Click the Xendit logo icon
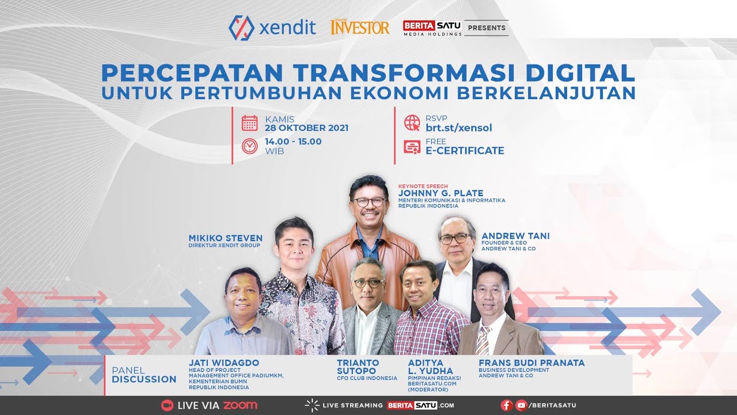(x=241, y=28)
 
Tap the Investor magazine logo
(x=360, y=27)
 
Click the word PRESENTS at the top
(x=487, y=28)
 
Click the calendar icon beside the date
(x=249, y=123)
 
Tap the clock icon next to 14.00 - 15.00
(x=249, y=146)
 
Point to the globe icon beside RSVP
(x=412, y=123)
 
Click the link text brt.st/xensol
(x=458, y=128)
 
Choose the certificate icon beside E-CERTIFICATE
(x=412, y=147)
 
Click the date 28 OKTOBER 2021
(x=306, y=128)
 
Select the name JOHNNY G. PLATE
(x=440, y=193)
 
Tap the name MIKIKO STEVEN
(x=225, y=238)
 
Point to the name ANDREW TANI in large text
(x=515, y=236)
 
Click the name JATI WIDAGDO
(x=223, y=363)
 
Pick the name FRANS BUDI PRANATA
(x=531, y=363)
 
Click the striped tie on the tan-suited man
(x=483, y=340)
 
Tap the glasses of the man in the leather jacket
(x=369, y=202)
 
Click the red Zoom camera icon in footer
(x=167, y=405)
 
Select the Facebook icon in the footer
(x=507, y=405)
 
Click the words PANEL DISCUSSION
(x=144, y=375)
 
